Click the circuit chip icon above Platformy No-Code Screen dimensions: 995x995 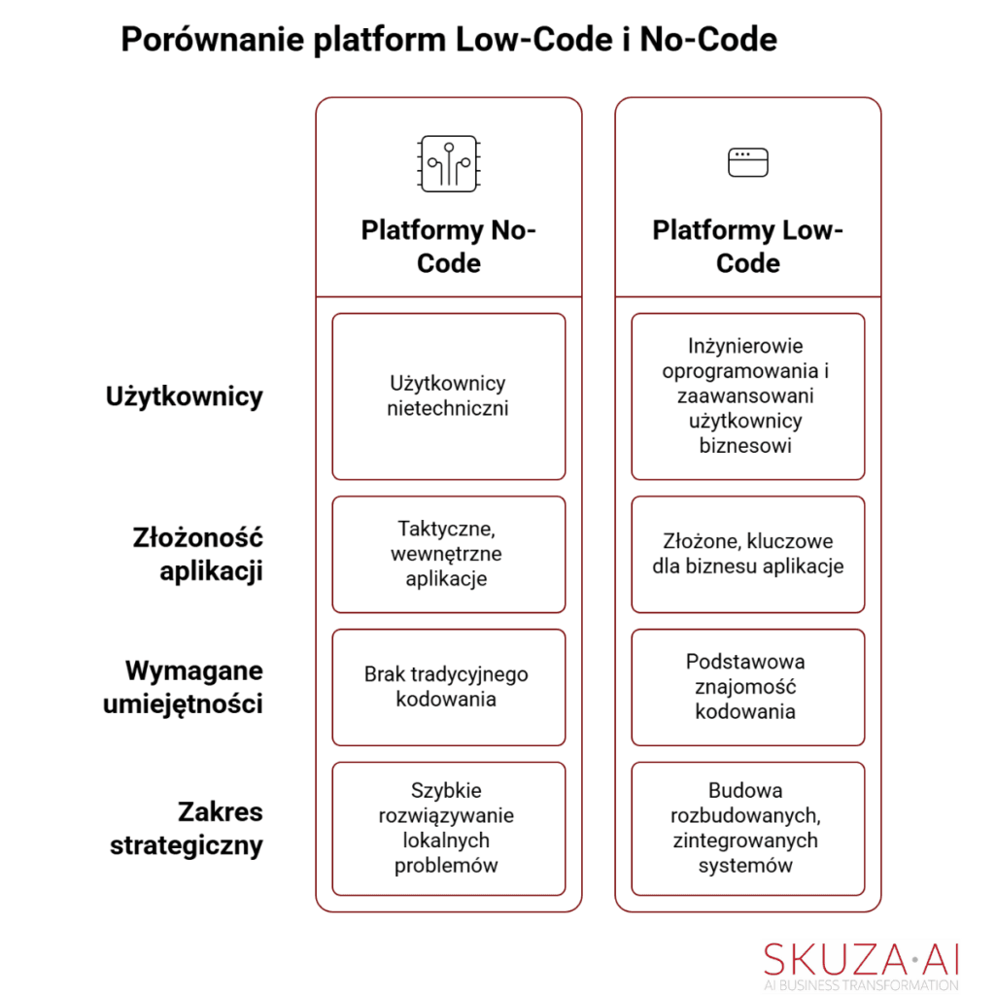coord(448,163)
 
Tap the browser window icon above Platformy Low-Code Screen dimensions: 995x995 coord(747,162)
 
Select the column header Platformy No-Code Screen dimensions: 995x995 coord(448,247)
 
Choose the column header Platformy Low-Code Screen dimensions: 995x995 coord(747,247)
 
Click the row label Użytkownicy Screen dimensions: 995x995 coord(184,396)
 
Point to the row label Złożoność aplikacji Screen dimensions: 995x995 coord(198,554)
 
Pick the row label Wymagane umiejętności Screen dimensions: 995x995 coord(184,687)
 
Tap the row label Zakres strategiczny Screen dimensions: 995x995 coord(187,828)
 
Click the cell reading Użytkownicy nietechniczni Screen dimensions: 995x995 coord(448,396)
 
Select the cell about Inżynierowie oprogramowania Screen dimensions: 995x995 coord(747,396)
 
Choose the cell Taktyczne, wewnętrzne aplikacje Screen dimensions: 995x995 coord(448,554)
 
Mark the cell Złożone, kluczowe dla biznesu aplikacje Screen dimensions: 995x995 coord(747,554)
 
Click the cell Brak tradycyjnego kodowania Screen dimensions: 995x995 coord(448,687)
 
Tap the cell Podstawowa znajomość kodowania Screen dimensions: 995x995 coord(747,687)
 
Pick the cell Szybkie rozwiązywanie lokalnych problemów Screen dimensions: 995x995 coord(448,828)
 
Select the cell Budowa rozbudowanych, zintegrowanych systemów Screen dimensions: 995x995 coord(747,828)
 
